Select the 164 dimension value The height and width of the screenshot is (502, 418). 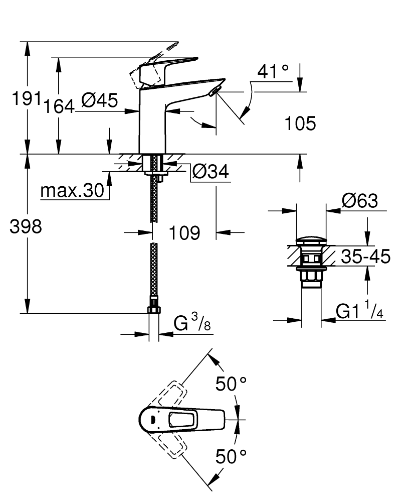pos(59,106)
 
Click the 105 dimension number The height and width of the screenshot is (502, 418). pos(300,123)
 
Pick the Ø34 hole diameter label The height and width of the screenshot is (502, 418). pos(211,172)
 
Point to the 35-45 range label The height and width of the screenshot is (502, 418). pos(365,257)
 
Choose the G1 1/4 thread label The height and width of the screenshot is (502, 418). pos(359,312)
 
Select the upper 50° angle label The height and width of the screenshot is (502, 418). pos(231,385)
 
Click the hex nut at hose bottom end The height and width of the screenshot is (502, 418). pos(154,307)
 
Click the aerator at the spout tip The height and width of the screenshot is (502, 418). pos(216,90)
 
